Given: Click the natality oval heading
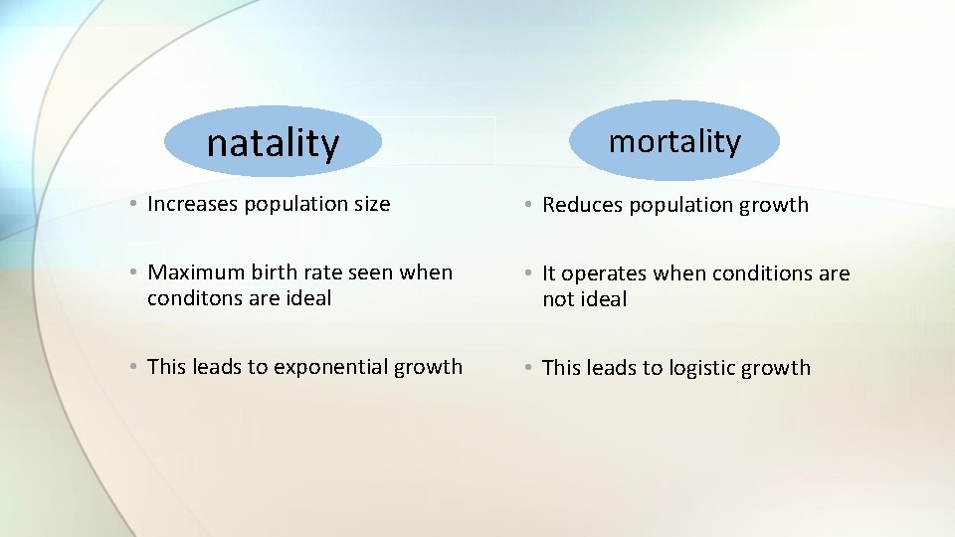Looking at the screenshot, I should [x=273, y=143].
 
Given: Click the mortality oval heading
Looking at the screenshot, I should [x=674, y=141].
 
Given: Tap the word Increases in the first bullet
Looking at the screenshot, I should [x=193, y=204].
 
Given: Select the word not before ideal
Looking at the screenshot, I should [x=558, y=299].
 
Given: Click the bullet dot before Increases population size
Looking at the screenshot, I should [x=132, y=205].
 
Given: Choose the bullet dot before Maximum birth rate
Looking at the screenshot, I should [x=132, y=273].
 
